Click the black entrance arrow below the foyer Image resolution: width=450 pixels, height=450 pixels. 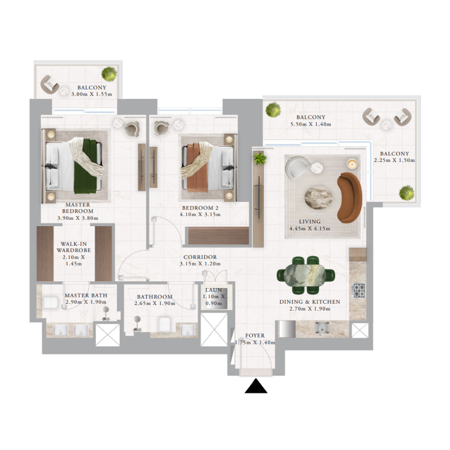[256, 386]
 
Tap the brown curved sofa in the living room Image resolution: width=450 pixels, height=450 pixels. [349, 197]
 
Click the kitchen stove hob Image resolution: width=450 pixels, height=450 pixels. [358, 291]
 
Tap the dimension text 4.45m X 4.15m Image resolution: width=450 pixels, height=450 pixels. [309, 229]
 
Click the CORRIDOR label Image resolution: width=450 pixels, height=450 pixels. [198, 257]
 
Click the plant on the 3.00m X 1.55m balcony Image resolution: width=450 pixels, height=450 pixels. [109, 74]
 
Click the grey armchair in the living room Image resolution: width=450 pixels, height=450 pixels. [297, 167]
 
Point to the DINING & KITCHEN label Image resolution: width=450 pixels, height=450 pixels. [310, 301]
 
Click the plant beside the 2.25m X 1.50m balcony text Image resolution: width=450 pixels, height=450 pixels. [406, 193]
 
